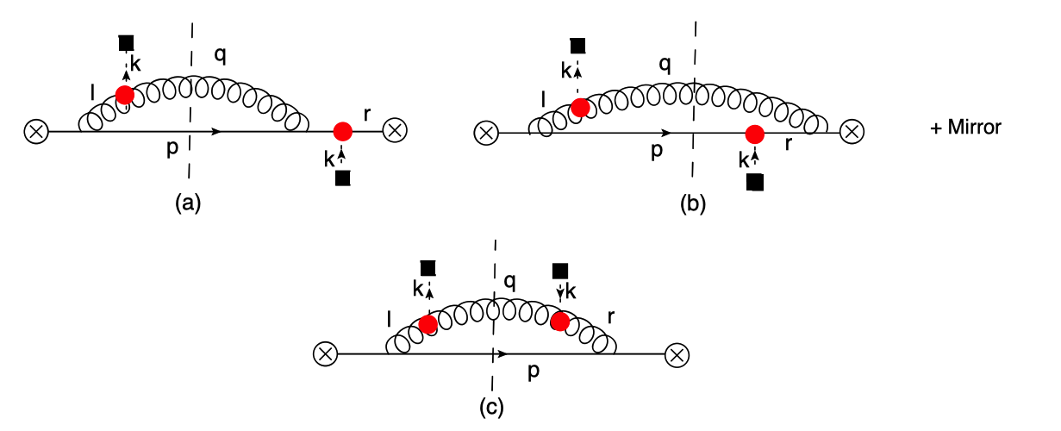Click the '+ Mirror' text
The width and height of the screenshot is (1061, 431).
pos(965,128)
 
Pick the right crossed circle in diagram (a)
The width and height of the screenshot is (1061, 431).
pos(396,131)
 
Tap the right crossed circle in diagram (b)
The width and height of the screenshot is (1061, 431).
pos(852,133)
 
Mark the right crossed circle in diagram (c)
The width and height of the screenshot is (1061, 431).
pos(677,353)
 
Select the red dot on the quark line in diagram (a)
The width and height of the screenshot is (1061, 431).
pos(342,131)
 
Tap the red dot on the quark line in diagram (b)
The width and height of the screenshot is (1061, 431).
pos(755,134)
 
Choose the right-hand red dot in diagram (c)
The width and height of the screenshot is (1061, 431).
pos(560,322)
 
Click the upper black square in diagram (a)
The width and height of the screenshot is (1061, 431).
pos(126,43)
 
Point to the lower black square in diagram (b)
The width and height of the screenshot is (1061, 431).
pos(755,181)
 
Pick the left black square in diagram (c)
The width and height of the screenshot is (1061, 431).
pos(428,268)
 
